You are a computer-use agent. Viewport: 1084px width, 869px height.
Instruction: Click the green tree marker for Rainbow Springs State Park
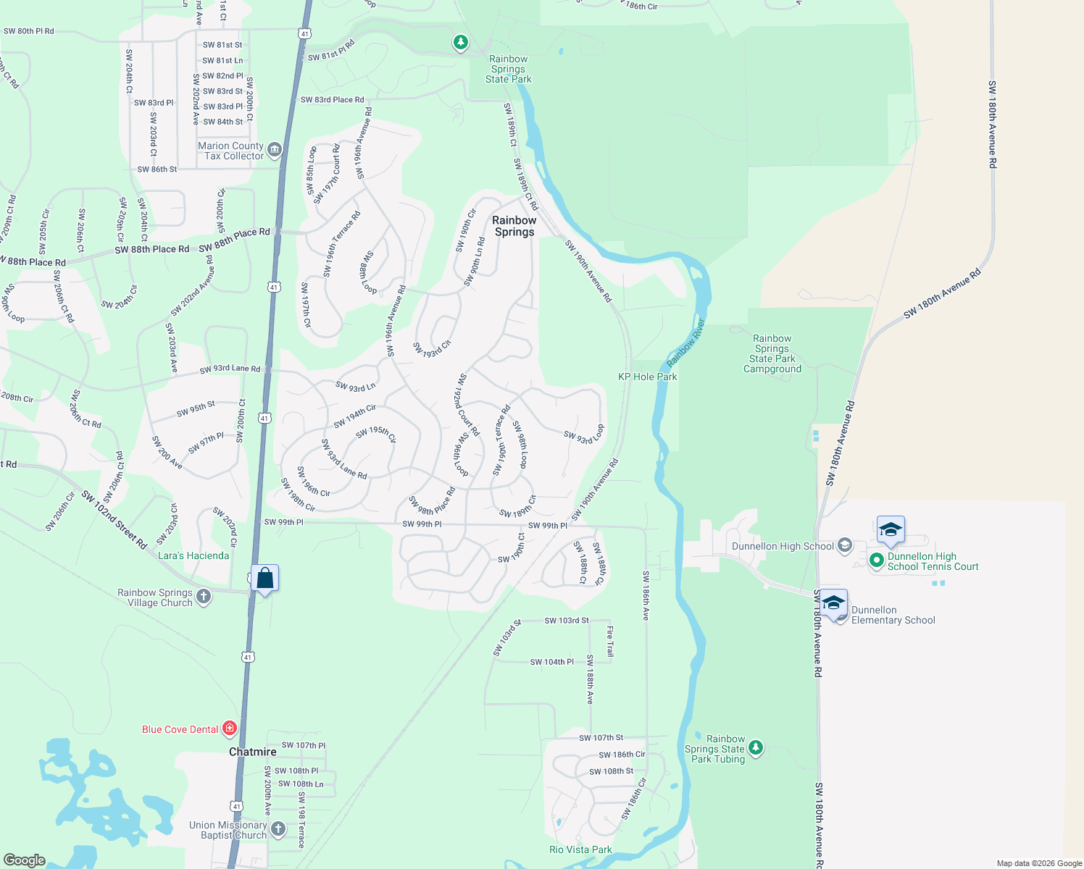click(x=461, y=42)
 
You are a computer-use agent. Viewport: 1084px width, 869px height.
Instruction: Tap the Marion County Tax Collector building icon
click(x=274, y=151)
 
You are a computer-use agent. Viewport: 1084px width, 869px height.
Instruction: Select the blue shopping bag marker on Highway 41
click(x=264, y=579)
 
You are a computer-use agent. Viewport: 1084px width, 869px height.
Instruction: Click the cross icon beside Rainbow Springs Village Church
click(x=204, y=597)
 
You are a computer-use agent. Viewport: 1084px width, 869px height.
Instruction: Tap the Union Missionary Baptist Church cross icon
click(x=278, y=829)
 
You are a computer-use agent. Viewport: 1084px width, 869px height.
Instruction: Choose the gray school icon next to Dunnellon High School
click(x=844, y=546)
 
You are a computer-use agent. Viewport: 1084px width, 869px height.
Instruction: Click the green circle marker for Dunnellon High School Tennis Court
click(x=876, y=560)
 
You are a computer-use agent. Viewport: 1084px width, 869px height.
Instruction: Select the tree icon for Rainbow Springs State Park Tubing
click(x=756, y=747)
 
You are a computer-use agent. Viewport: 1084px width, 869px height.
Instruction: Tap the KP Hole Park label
click(x=647, y=377)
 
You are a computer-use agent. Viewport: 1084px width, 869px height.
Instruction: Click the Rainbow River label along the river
click(x=685, y=343)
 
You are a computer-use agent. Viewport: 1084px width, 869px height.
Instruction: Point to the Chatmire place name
click(x=252, y=752)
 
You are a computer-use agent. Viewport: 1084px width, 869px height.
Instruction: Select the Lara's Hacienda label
click(x=193, y=555)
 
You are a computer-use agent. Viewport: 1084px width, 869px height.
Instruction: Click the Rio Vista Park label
click(x=580, y=849)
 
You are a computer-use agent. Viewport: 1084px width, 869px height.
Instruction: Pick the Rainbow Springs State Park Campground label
click(x=772, y=353)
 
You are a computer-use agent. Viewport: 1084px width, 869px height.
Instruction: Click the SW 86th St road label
click(x=157, y=169)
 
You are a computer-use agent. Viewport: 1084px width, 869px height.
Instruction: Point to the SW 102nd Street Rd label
click(x=114, y=519)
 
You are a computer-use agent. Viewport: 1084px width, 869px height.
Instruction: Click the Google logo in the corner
click(x=24, y=860)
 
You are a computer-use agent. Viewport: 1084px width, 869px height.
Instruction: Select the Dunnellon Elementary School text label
click(x=893, y=615)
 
